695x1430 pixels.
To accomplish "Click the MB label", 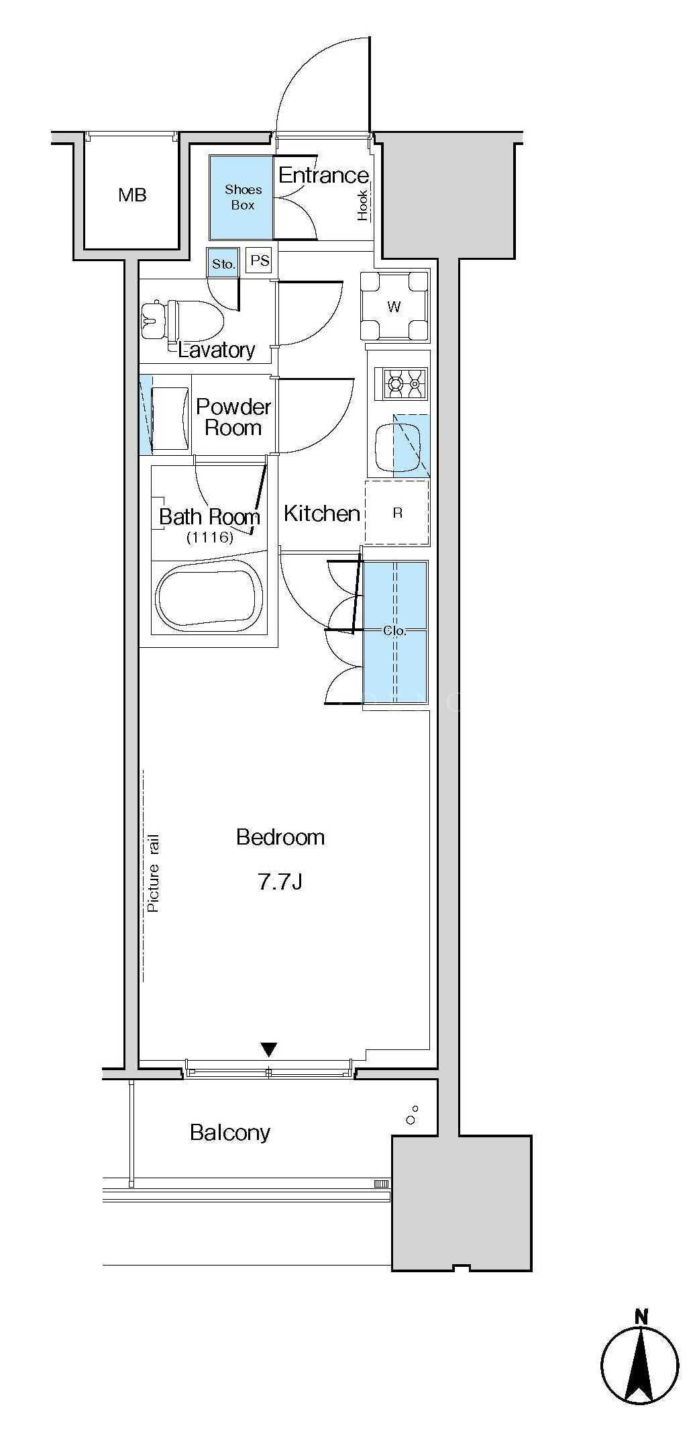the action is click(x=132, y=195).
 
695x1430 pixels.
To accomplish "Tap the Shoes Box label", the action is click(x=243, y=197).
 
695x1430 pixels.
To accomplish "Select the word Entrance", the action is click(x=323, y=175).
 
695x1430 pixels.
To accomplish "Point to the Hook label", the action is click(x=363, y=205).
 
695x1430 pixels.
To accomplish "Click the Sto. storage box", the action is click(x=223, y=263).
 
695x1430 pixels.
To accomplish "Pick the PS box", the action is click(x=259, y=260).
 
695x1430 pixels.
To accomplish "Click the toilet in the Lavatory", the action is click(x=182, y=320).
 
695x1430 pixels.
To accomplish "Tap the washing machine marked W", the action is click(x=394, y=306).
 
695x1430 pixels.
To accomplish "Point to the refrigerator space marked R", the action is click(x=397, y=512).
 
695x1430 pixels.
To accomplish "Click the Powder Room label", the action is click(x=233, y=417).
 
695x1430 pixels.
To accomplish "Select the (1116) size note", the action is click(x=209, y=537).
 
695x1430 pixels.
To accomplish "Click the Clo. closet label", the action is click(x=394, y=630).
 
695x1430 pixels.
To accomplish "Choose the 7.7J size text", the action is click(x=280, y=881).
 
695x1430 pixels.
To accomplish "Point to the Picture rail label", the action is click(x=153, y=872).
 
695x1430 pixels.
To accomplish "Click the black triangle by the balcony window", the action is click(x=268, y=1049).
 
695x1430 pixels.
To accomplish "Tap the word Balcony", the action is click(x=229, y=1133).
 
